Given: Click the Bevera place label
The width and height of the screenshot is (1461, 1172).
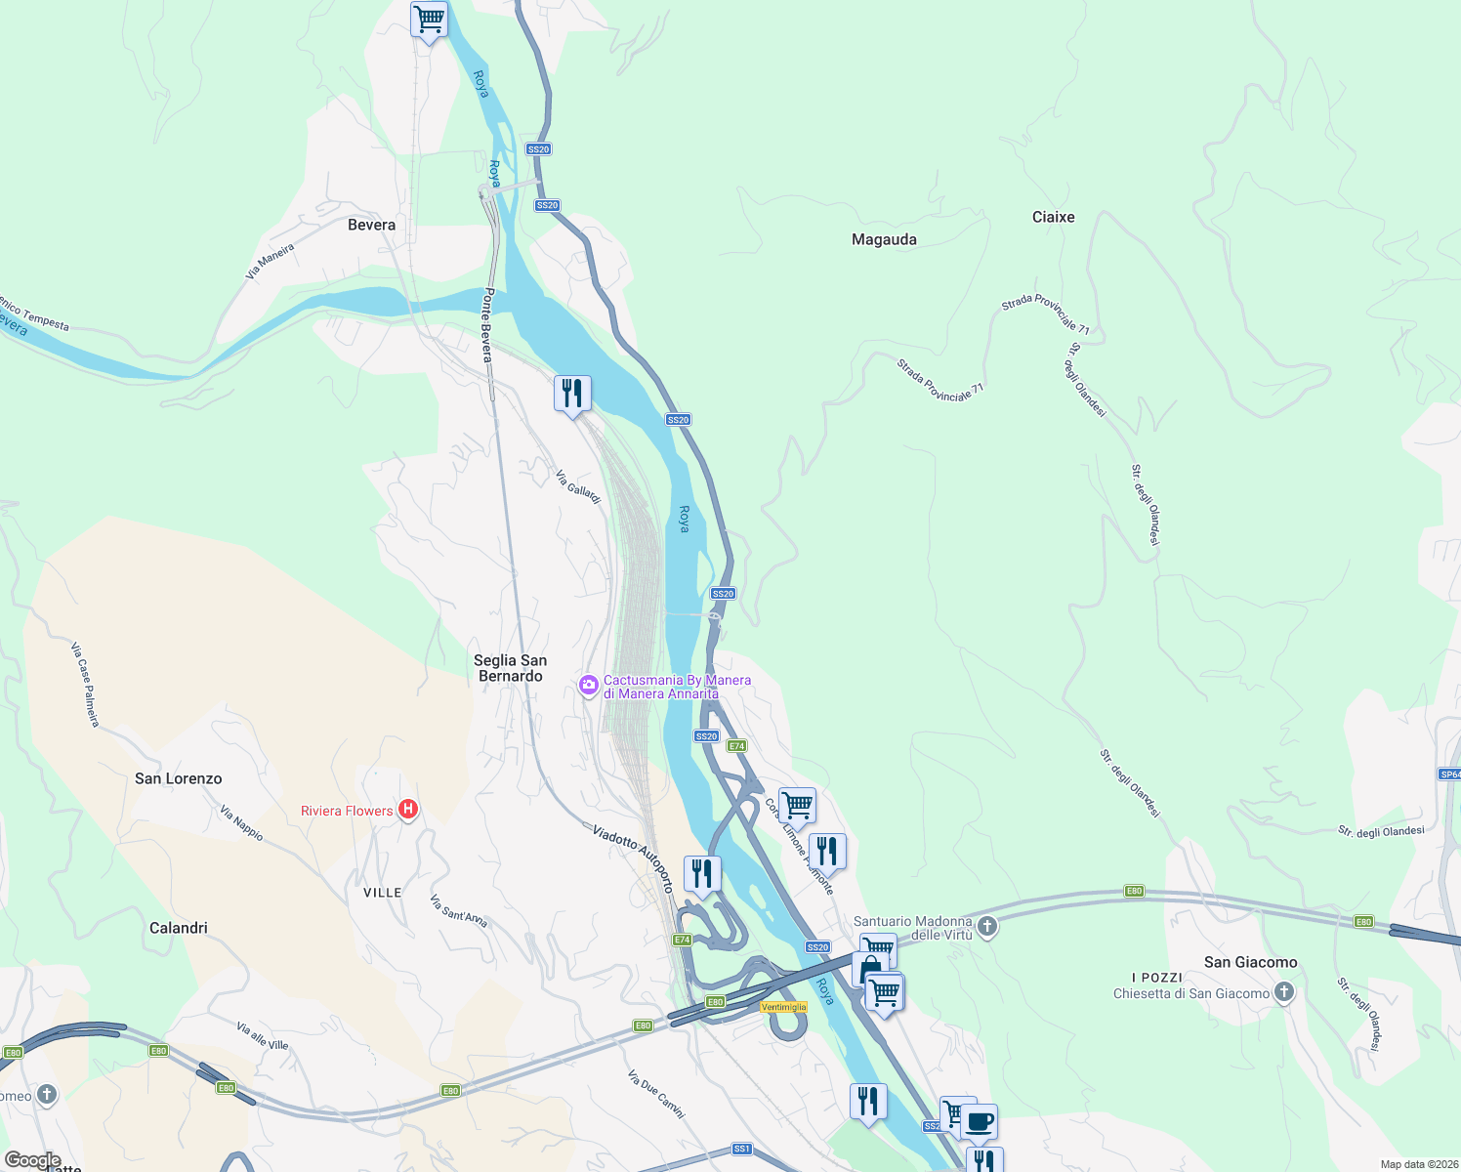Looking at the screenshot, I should coord(371,225).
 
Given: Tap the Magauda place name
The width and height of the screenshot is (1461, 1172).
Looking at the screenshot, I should coord(884,239).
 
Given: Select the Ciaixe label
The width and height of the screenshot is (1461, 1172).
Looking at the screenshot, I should coord(1053,217).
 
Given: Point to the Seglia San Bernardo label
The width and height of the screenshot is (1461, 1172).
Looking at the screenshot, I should coord(510,668).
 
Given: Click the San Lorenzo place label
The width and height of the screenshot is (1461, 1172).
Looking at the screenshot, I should coord(178,778).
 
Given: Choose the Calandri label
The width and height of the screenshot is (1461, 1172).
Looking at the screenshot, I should coord(178,928).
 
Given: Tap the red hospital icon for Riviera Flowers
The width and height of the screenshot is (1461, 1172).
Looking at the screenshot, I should coord(409,810).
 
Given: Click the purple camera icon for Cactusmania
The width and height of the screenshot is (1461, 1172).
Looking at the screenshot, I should coord(588,685).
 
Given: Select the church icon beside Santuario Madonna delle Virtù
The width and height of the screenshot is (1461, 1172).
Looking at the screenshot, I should coord(987,926).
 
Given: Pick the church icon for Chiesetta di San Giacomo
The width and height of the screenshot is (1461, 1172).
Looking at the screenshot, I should coord(1284,993).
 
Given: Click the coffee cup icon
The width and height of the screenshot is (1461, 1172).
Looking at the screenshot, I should coord(980,1121).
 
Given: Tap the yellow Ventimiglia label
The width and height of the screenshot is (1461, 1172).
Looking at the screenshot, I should coord(783,1007).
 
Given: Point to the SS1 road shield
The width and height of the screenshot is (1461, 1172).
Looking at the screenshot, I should coord(742,1149).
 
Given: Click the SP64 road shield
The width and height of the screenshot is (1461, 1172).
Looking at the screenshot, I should coord(1449,774).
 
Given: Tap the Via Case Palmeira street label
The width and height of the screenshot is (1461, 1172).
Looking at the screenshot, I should coord(85,684).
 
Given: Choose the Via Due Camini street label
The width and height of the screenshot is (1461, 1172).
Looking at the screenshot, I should coord(656,1094).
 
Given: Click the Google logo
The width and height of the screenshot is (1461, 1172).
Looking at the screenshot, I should coord(32,1160).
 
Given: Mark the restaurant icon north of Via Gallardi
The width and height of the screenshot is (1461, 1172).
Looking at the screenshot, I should coord(571,394).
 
